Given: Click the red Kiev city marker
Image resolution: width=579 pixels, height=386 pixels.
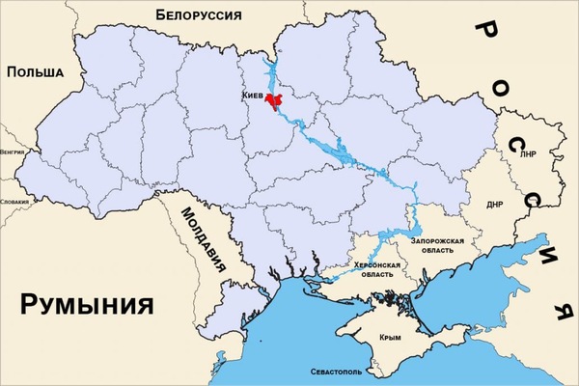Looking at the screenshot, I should [276, 101].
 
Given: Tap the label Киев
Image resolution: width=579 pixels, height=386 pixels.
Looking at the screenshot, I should [255, 97].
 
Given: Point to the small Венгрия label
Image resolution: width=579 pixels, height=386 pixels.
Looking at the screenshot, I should [13, 152].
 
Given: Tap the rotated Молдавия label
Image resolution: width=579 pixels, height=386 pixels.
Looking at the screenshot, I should [197, 232].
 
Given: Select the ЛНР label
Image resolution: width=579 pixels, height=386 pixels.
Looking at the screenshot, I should [527, 153].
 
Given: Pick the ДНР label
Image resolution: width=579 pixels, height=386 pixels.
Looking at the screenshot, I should [495, 205].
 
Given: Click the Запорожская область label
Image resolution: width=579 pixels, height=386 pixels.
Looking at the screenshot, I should [437, 245].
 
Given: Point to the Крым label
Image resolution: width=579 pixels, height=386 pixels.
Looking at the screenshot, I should [390, 337].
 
